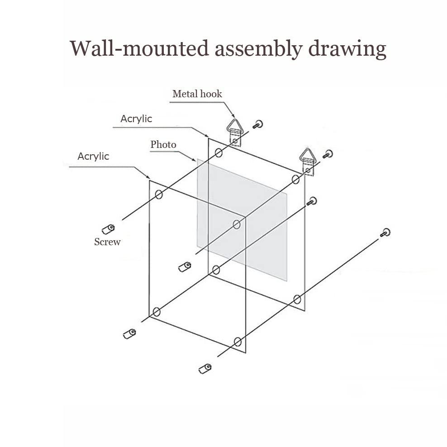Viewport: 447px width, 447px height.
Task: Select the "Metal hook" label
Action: (197, 94)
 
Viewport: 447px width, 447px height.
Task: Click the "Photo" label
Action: (163, 144)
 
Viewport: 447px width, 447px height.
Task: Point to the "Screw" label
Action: (107, 242)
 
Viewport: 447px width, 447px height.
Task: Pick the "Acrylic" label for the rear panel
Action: (136, 119)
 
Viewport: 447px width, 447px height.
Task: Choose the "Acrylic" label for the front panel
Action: (93, 156)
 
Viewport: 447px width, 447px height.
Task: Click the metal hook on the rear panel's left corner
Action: (233, 132)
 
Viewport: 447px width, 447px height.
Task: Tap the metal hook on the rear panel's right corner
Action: (308, 162)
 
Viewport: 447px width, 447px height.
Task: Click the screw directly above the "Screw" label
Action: (108, 229)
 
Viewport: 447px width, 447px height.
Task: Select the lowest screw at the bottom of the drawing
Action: (205, 368)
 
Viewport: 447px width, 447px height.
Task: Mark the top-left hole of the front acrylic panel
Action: (159, 195)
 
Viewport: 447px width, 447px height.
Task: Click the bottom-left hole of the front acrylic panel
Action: (157, 312)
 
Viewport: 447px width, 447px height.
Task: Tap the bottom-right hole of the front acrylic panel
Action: (238, 342)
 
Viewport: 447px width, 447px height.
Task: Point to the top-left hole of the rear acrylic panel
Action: (219, 153)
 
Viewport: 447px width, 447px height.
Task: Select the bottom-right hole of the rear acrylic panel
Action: (297, 300)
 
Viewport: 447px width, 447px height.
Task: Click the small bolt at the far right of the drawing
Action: (385, 233)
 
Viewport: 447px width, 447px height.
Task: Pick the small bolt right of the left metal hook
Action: (258, 124)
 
